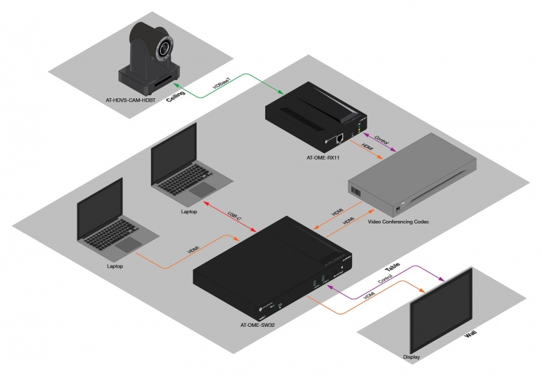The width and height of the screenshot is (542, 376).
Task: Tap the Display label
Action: click(x=412, y=356)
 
